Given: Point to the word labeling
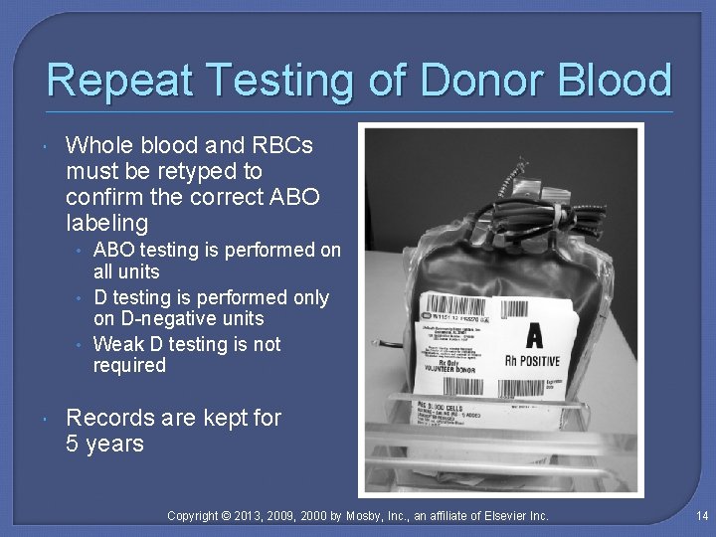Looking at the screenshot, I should coord(106,222).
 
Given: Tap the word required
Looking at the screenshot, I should coord(129,365).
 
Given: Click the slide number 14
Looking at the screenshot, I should coord(701,515).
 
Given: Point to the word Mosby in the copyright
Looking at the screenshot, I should coord(368,515).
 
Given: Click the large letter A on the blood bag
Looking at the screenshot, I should coord(533,334).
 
